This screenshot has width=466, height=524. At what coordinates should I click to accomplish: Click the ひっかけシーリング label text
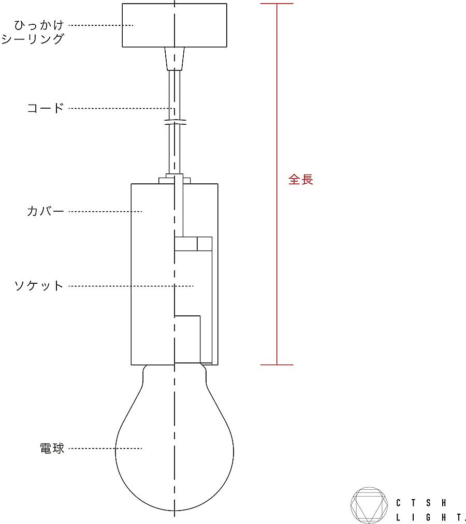tap(33, 32)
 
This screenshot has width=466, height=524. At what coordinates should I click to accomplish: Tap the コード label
tap(46, 108)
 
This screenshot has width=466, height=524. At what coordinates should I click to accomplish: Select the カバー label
tap(46, 211)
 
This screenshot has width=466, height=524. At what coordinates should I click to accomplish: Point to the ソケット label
tap(39, 286)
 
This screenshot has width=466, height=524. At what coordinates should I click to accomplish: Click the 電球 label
tap(52, 448)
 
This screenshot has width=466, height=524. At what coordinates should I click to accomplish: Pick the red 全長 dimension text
tap(301, 180)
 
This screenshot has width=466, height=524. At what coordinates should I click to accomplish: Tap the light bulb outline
tap(115, 451)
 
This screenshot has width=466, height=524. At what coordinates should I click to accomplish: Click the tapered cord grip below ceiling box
tap(174, 59)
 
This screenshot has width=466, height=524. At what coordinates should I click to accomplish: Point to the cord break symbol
tap(176, 123)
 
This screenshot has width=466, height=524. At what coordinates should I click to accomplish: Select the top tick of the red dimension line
tap(277, 4)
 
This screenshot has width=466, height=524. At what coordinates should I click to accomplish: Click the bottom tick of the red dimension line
tap(277, 365)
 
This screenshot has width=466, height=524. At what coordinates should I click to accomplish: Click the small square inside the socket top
tap(205, 244)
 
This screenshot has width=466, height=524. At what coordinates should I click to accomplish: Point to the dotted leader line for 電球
tap(105, 448)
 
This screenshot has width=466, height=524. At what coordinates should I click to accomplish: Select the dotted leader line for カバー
tap(105, 212)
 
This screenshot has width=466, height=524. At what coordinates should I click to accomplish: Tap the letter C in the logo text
tap(398, 503)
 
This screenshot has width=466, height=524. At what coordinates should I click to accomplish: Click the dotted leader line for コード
tap(122, 108)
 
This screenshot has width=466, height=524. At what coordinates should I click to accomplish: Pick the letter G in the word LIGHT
tap(428, 518)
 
